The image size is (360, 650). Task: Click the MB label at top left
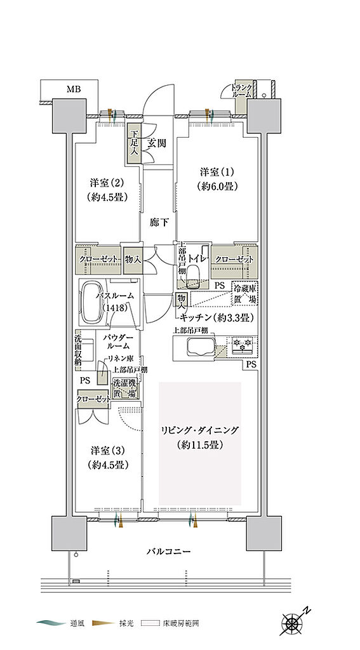pos(75,90)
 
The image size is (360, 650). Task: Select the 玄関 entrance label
pos(157,143)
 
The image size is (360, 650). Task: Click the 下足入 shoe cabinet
pos(134,147)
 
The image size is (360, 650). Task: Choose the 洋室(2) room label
pos(106,189)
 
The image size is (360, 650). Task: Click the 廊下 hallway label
pos(159,223)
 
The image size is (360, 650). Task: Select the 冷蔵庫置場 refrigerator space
pos(246,292)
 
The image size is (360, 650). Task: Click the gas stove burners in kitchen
pos(242,345)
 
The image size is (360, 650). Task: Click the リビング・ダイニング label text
pos(199,431)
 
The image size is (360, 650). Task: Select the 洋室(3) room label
pos(106,457)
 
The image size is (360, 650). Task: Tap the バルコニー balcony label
pos(167,551)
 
